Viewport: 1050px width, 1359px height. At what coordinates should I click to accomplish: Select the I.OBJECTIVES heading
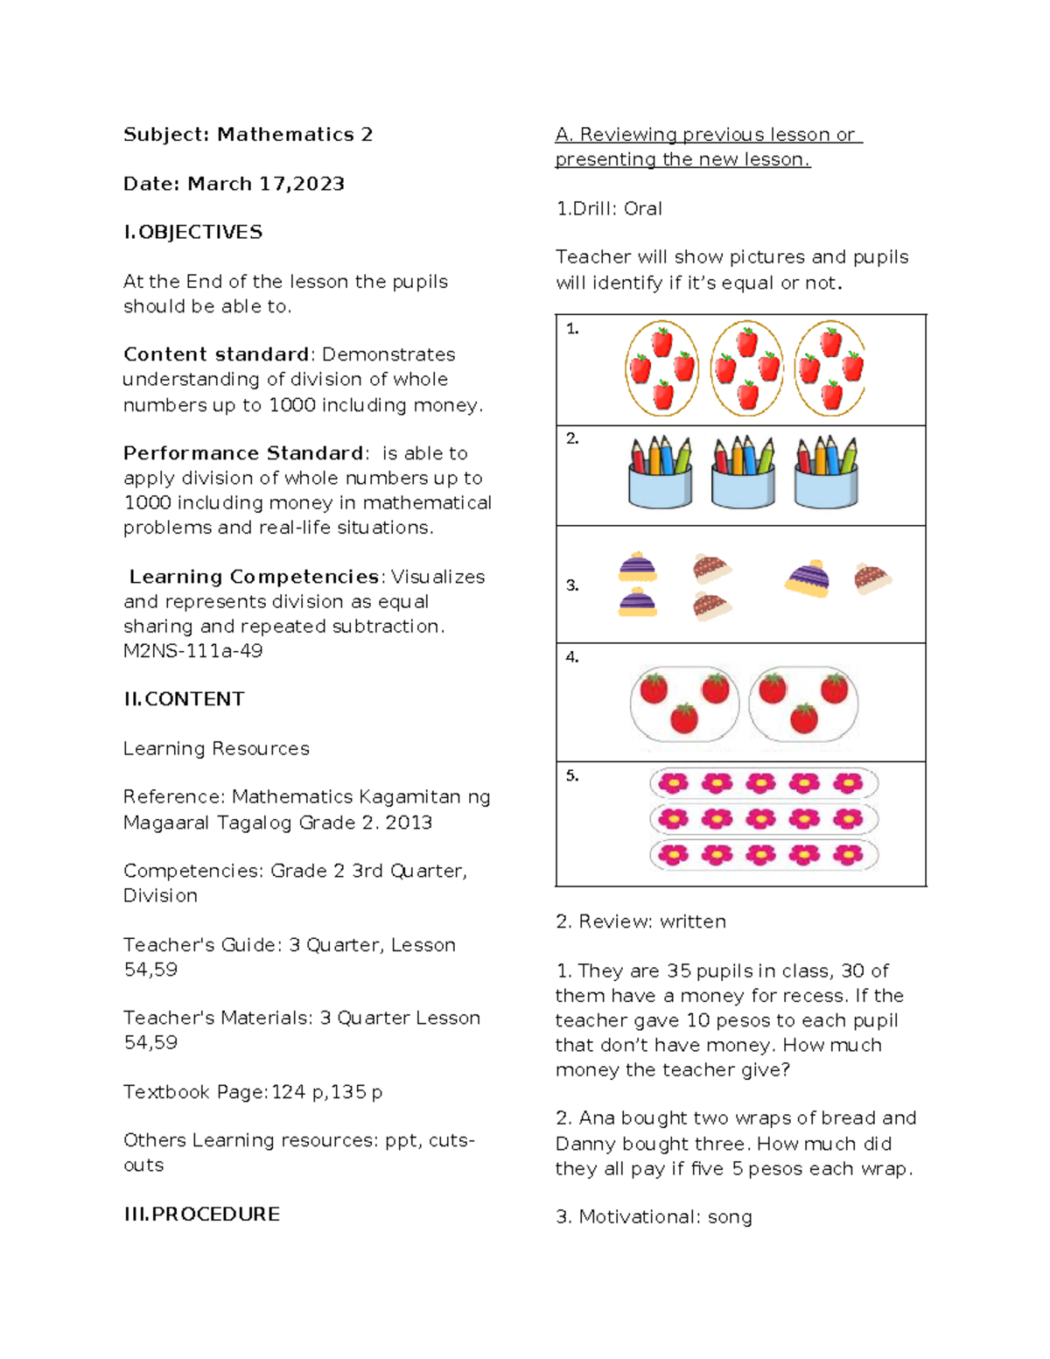pyautogui.click(x=192, y=232)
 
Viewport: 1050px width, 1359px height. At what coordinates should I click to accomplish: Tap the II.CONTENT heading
pyautogui.click(x=184, y=699)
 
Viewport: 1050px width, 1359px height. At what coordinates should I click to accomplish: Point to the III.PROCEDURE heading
pyautogui.click(x=201, y=1214)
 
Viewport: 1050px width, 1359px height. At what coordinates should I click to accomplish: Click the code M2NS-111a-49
pyautogui.click(x=192, y=650)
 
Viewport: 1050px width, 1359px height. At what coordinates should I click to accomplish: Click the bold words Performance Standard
pyautogui.click(x=243, y=453)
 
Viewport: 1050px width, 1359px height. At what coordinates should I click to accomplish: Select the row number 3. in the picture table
pyautogui.click(x=571, y=585)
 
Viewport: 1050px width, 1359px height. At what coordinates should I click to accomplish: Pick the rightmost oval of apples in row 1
pyautogui.click(x=829, y=368)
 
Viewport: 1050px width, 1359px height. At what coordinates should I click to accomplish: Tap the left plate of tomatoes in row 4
pyautogui.click(x=684, y=704)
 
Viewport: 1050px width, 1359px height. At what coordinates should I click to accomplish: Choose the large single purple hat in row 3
pyautogui.click(x=808, y=578)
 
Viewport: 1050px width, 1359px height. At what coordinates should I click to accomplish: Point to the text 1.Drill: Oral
pyautogui.click(x=609, y=209)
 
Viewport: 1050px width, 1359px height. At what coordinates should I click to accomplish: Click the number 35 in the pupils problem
pyautogui.click(x=679, y=970)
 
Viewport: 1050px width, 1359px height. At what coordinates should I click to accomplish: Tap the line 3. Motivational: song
pyautogui.click(x=654, y=1216)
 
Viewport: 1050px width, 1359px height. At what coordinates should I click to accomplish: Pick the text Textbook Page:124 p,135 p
pyautogui.click(x=253, y=1092)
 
